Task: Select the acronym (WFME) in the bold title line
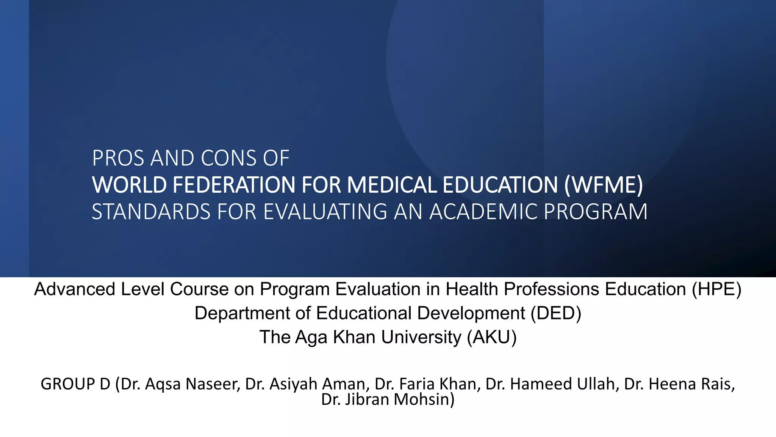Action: coord(603,185)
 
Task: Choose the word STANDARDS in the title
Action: coord(151,212)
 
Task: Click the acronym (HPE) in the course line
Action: coord(717,289)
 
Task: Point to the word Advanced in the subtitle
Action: coord(75,289)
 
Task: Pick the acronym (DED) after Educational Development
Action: coord(555,313)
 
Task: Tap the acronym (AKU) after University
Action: coord(491,337)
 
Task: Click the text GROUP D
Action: coord(75,384)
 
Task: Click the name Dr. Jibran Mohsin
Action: coord(388,399)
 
